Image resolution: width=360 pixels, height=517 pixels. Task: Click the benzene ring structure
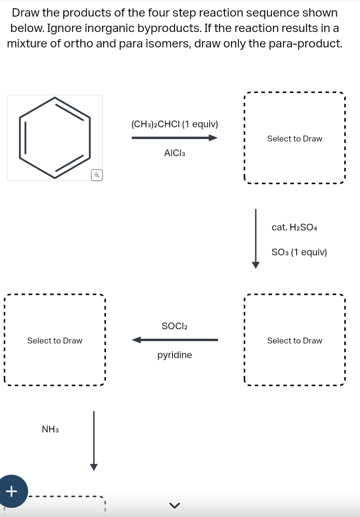tap(55, 138)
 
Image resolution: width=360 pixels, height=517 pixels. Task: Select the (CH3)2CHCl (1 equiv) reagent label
tap(174, 124)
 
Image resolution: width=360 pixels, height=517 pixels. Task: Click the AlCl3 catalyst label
tap(174, 153)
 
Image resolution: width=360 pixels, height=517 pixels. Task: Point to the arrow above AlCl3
tap(174, 138)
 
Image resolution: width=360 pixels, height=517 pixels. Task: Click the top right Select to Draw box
tap(294, 139)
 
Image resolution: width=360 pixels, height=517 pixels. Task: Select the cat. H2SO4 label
tap(294, 227)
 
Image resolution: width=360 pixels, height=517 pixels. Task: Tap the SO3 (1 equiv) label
tap(299, 252)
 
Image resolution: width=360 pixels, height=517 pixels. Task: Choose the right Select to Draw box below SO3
tap(294, 340)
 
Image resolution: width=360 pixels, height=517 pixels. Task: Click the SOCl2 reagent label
tap(174, 326)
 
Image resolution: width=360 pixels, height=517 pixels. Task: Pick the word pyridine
tap(174, 355)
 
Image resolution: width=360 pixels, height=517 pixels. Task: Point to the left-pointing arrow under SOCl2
tap(174, 340)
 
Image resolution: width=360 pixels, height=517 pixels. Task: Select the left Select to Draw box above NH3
tap(55, 340)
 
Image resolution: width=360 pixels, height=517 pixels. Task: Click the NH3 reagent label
tap(50, 429)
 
